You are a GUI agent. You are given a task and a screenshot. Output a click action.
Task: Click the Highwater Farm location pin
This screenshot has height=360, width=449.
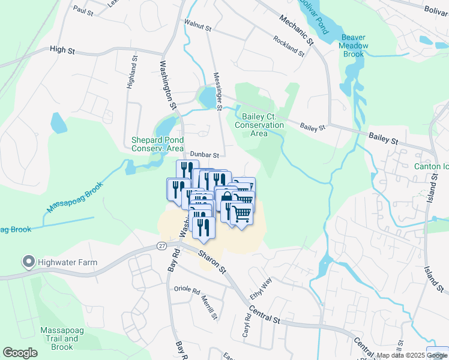point(28,262)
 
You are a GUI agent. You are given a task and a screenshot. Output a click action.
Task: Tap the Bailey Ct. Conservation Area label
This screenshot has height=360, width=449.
point(259,125)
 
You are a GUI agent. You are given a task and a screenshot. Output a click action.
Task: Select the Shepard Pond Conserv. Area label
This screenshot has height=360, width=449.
point(157,144)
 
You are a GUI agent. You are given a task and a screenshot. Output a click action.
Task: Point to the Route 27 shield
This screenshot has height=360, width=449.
point(162,246)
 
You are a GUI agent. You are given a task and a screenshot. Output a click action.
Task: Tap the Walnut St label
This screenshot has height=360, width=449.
point(199,28)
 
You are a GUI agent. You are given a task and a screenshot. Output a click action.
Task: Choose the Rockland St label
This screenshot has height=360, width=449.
point(289,46)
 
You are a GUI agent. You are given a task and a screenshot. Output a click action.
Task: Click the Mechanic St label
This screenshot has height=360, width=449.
point(297,29)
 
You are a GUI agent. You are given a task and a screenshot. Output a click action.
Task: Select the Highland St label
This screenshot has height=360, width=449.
point(132,73)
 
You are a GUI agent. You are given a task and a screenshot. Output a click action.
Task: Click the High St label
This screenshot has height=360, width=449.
point(62,50)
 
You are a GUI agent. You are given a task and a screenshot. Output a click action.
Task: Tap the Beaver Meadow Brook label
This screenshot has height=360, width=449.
point(354,46)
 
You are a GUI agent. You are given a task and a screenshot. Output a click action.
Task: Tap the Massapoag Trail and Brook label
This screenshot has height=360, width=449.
point(62,338)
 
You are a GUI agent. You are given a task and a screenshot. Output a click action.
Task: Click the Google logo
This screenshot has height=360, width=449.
point(20,352)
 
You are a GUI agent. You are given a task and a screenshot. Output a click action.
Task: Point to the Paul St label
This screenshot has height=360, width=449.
point(83,11)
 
